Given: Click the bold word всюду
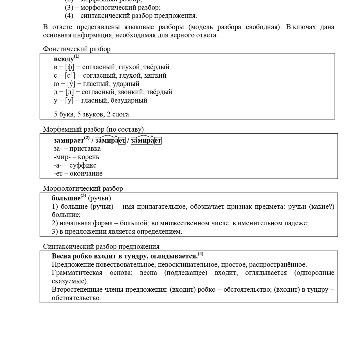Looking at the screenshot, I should pos(64,59).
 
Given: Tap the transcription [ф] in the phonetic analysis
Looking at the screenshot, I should pos(70,67).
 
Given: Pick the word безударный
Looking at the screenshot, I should pos(129,100).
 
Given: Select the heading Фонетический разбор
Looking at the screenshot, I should pos(76,49).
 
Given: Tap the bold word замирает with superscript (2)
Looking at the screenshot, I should pos(69,140).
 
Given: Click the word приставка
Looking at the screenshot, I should pos(85,148).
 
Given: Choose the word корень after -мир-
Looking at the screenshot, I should pos(88,157).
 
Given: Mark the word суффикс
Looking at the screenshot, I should pos(83,165).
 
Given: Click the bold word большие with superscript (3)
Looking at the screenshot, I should pos(66,198).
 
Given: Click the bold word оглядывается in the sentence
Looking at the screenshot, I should pos(174,256).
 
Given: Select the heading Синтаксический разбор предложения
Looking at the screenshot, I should pos(101,247).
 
